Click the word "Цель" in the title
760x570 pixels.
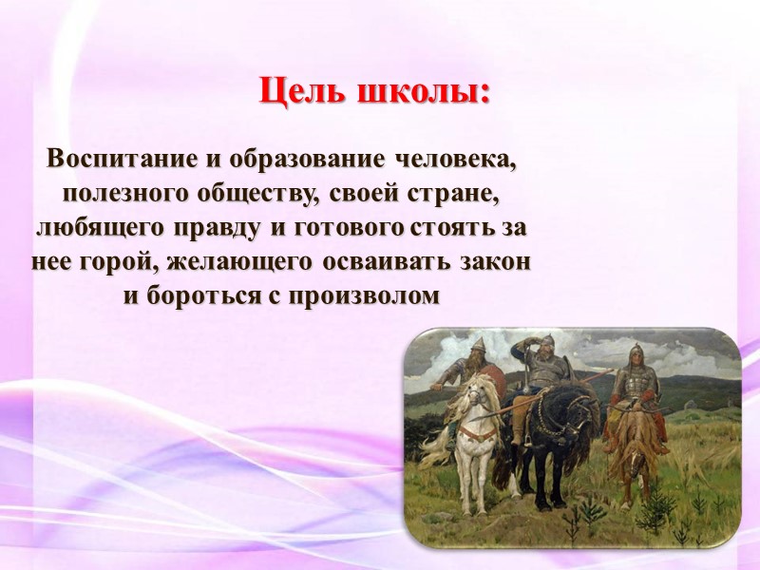pyautogui.click(x=301, y=91)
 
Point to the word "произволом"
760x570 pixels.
pyautogui.click(x=363, y=295)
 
